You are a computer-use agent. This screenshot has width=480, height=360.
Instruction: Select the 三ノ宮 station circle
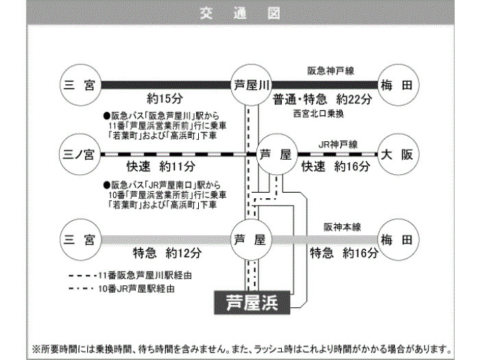(79, 154)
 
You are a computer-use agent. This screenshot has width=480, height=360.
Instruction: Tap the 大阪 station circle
(397, 154)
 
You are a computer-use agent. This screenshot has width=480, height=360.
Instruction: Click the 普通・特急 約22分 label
(322, 99)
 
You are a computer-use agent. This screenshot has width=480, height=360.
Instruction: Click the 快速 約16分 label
(335, 167)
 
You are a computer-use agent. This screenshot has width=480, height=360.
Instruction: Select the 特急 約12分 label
(167, 253)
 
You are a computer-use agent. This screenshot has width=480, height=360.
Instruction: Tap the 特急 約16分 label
(344, 253)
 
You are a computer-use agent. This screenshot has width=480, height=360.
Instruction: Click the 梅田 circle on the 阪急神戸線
(397, 85)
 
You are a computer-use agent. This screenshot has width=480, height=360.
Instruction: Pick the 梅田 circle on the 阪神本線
(397, 239)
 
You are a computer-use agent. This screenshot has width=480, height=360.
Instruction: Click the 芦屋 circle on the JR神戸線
(276, 154)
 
